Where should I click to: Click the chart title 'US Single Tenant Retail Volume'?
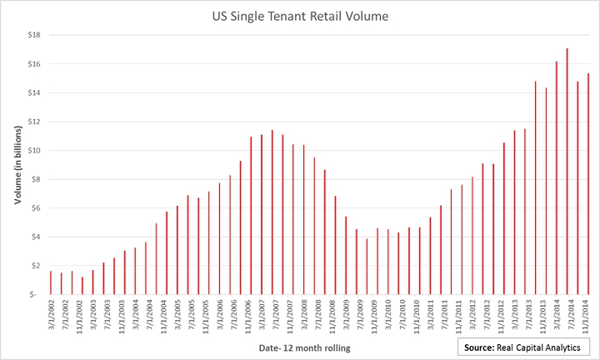[299, 16]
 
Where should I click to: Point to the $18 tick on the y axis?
[34, 35]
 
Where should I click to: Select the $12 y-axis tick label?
[34, 122]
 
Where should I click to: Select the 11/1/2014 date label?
[588, 317]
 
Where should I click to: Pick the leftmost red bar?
[51, 282]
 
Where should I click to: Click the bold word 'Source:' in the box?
[484, 346]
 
